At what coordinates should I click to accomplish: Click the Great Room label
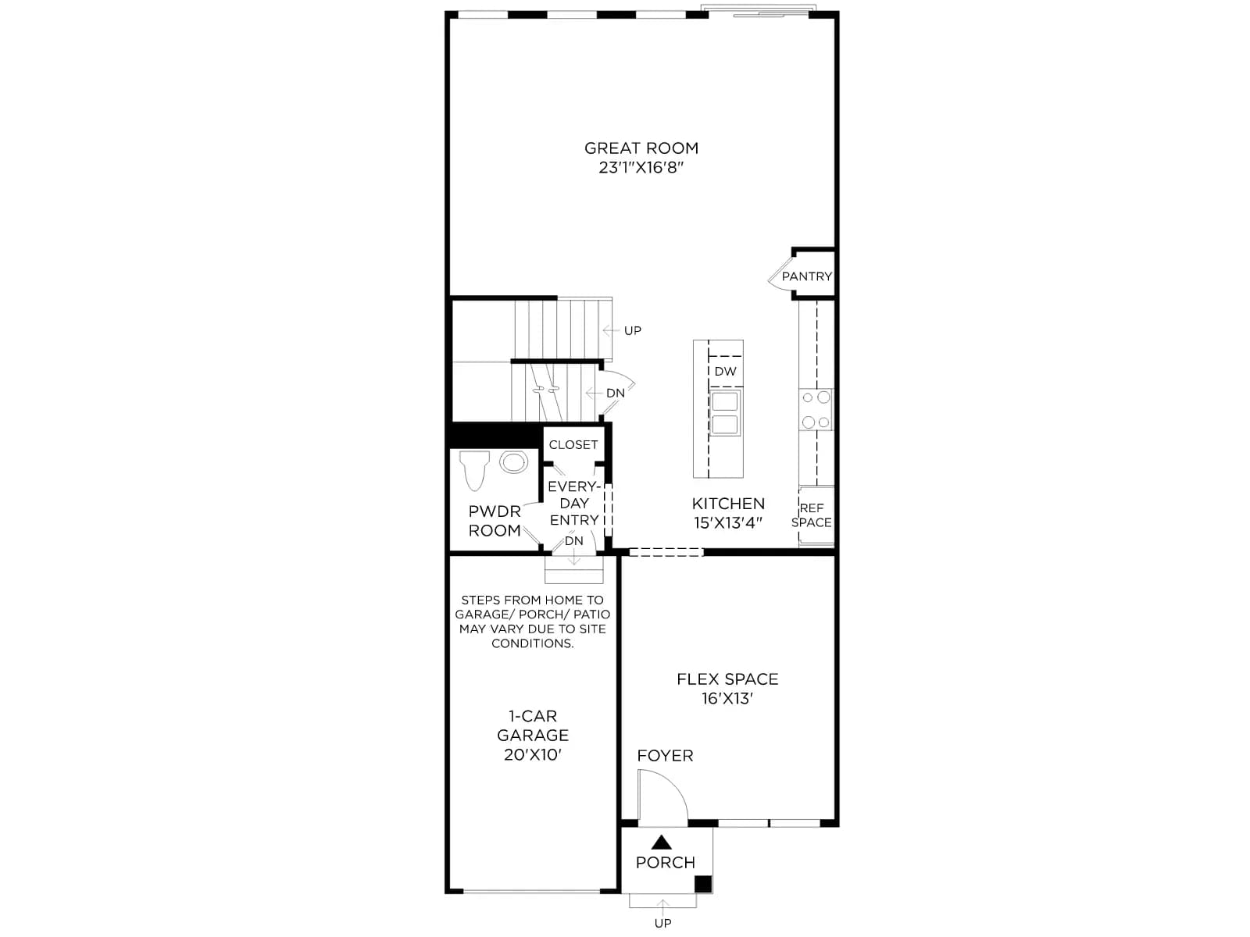(x=641, y=148)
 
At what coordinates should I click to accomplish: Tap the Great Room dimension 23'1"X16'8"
(x=641, y=168)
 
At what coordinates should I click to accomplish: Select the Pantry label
(x=807, y=276)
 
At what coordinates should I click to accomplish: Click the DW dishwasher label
(x=726, y=372)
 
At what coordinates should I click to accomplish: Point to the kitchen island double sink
(x=725, y=413)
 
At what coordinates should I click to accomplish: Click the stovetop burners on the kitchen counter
(x=816, y=410)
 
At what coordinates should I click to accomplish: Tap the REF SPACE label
(x=812, y=515)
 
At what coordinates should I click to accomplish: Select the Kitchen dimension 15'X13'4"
(x=728, y=523)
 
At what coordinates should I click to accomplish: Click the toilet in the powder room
(x=473, y=470)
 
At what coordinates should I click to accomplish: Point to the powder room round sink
(x=513, y=462)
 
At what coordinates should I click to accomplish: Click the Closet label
(x=573, y=445)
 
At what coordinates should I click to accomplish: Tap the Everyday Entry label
(x=574, y=503)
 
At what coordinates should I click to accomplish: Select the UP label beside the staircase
(x=633, y=330)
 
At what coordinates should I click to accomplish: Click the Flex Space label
(x=727, y=679)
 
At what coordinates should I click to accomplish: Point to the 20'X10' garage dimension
(x=533, y=754)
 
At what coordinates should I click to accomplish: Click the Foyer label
(x=665, y=756)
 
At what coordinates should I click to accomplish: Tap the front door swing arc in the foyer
(x=676, y=783)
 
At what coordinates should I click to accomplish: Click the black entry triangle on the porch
(x=661, y=843)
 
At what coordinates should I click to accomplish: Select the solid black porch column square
(x=703, y=884)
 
